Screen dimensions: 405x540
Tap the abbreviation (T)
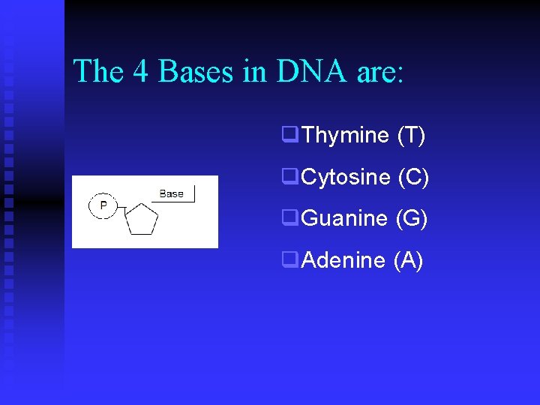[x=411, y=136]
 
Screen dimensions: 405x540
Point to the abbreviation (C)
[x=413, y=178]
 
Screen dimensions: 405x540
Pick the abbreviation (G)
[x=412, y=219]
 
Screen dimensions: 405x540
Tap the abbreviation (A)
[x=408, y=260]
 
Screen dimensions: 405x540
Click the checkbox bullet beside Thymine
[x=289, y=135]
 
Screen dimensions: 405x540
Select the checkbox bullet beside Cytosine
[x=289, y=176]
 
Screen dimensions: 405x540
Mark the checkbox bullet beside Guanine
[x=289, y=218]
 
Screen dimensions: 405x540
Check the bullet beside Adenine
[x=289, y=259]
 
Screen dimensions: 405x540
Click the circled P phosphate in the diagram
[x=103, y=205]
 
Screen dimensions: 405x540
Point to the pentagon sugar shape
[x=141, y=220]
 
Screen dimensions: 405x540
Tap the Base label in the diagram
[x=171, y=193]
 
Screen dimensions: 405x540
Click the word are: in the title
[x=379, y=72]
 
